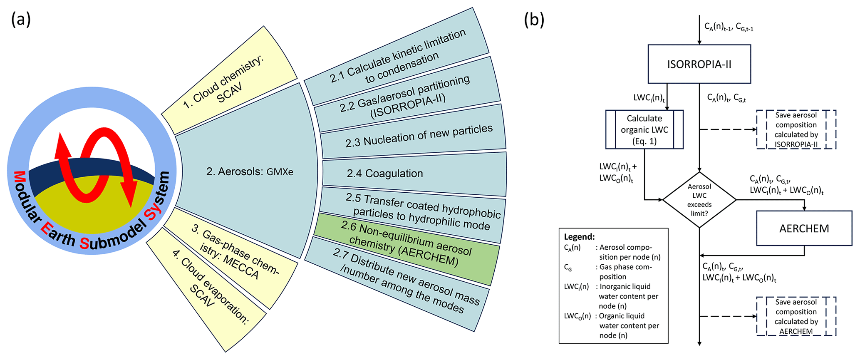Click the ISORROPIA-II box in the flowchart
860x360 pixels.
click(699, 64)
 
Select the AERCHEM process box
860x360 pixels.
click(804, 228)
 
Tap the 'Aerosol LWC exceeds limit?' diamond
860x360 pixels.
click(699, 200)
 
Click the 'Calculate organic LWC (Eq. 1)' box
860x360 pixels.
click(644, 129)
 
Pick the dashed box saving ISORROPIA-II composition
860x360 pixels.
click(796, 129)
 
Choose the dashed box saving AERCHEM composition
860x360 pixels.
click(796, 316)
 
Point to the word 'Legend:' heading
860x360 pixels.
click(579, 237)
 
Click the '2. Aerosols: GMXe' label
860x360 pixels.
click(250, 171)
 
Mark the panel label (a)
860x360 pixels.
click(21, 20)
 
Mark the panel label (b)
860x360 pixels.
click(534, 20)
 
